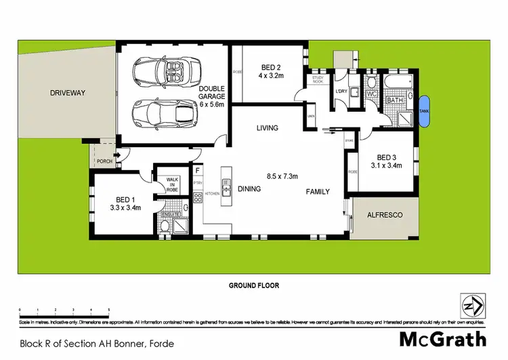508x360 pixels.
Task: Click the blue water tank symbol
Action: (425, 113)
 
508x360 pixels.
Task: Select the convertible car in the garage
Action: (163, 71)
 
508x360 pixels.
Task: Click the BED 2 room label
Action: (270, 66)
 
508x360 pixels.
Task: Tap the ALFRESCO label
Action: (384, 215)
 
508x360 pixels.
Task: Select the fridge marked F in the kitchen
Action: (198, 172)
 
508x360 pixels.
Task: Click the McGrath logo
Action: (442, 339)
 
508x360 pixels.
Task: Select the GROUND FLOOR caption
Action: (254, 285)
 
